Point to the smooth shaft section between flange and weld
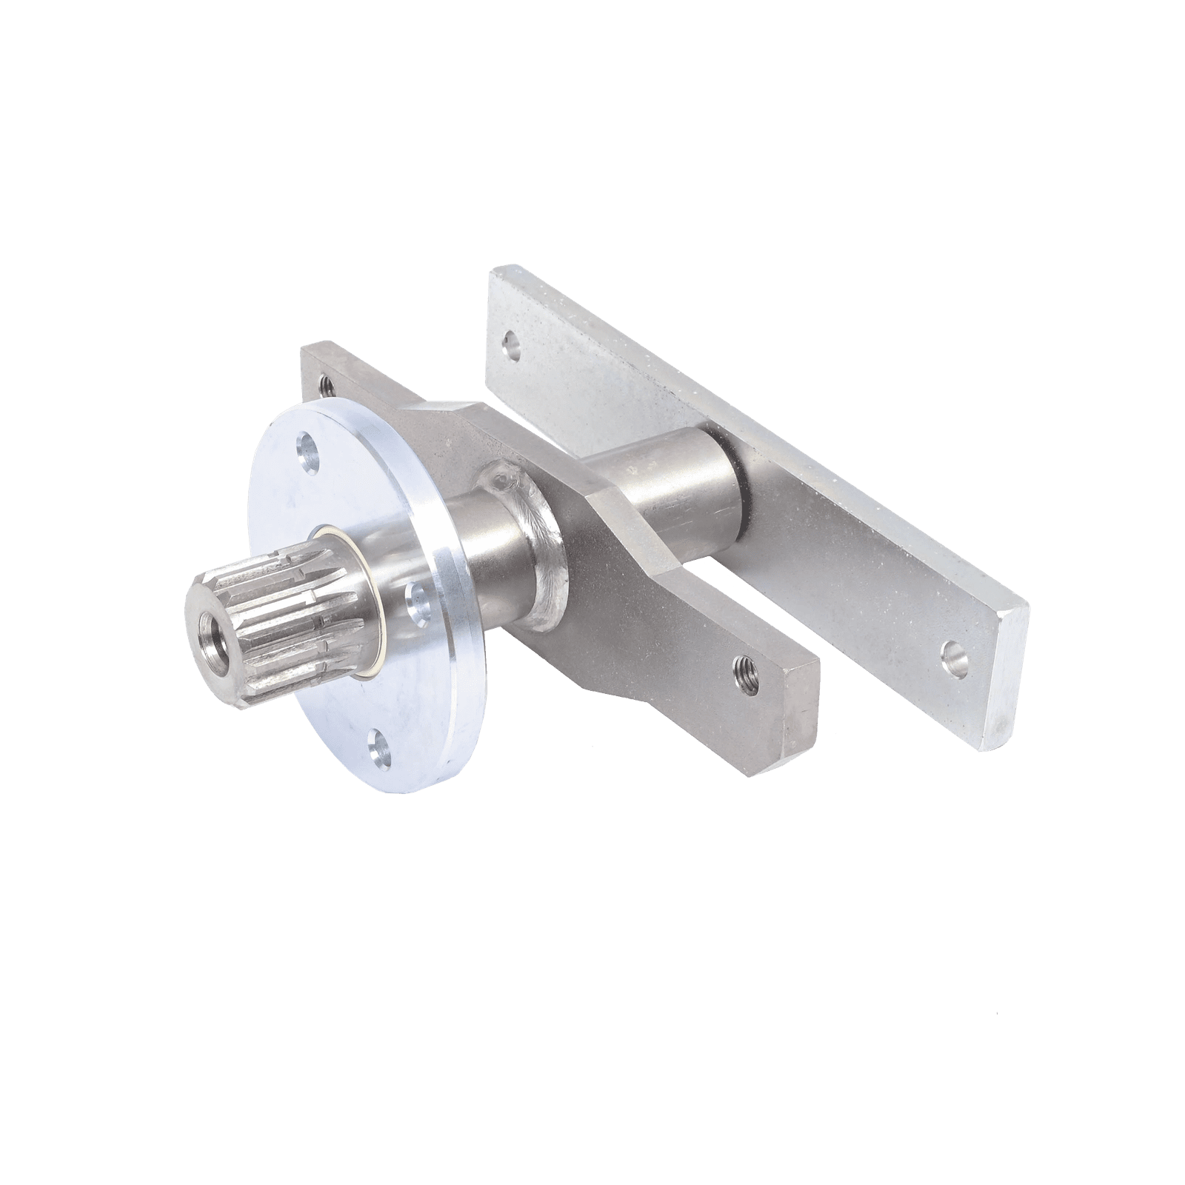pyautogui.click(x=474, y=548)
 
